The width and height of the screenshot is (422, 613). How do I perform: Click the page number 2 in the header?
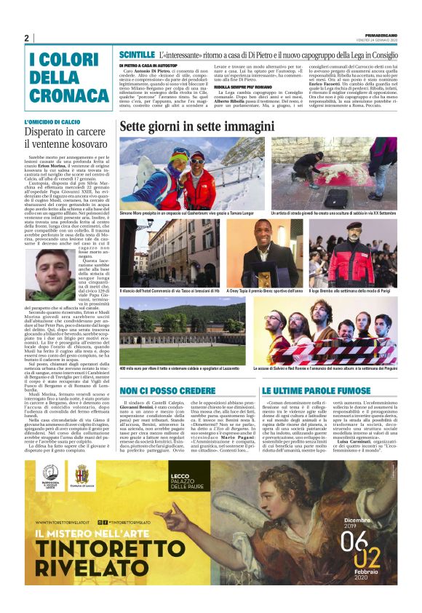26,38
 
